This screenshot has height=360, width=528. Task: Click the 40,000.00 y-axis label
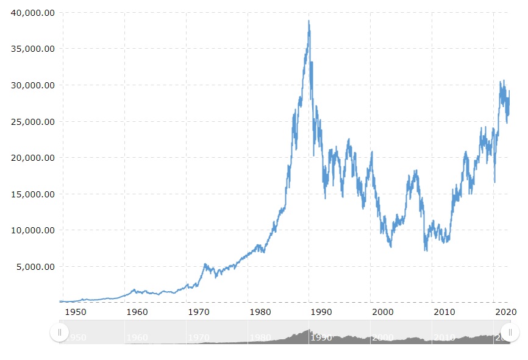click(x=32, y=13)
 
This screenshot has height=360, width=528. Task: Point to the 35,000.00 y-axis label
click(x=32, y=49)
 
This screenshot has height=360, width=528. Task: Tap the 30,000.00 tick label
click(x=32, y=85)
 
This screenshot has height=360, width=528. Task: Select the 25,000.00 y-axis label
click(x=32, y=122)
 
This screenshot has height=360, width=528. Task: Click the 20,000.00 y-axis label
click(x=32, y=158)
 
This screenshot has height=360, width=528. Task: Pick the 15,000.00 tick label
click(x=32, y=194)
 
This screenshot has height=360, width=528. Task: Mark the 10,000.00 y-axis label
click(x=32, y=230)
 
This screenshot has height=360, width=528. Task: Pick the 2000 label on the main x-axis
click(x=383, y=312)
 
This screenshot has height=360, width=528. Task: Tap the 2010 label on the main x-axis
click(x=444, y=312)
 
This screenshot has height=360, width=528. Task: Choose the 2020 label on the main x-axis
click(x=505, y=312)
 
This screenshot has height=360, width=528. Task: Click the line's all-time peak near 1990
click(x=309, y=21)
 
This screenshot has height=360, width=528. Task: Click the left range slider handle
click(x=59, y=332)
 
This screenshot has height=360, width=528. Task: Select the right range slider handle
click(x=510, y=332)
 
